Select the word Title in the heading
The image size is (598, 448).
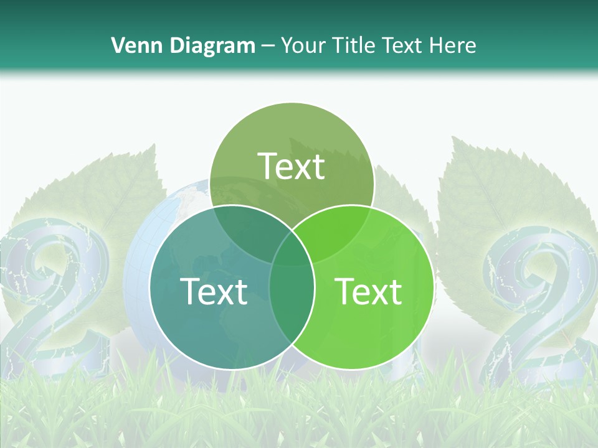pos(354,45)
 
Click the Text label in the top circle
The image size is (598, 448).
pos(292,167)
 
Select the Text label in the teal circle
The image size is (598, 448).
pos(214,291)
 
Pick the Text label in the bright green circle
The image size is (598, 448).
pos(368,291)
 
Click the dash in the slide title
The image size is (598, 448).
pos(268,45)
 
